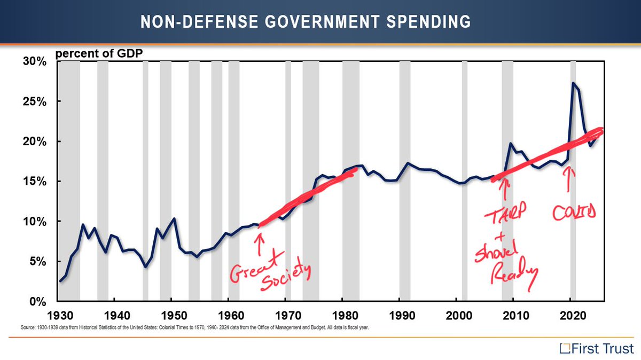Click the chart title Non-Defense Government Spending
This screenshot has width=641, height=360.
tap(306, 22)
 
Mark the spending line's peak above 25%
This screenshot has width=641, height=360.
tap(573, 83)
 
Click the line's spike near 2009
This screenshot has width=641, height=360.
tap(511, 143)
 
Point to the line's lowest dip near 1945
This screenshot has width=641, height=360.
tap(145, 267)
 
